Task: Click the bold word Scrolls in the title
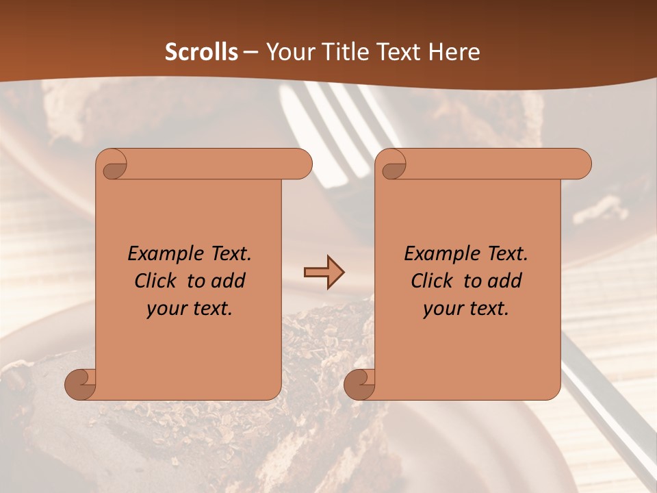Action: [x=202, y=52]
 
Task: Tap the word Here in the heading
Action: [x=454, y=52]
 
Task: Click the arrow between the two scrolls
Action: [x=324, y=273]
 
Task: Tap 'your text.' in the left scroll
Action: [x=190, y=309]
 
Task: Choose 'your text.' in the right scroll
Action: [x=466, y=309]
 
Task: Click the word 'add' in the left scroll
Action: [x=229, y=281]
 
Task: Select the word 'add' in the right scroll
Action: [x=505, y=281]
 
